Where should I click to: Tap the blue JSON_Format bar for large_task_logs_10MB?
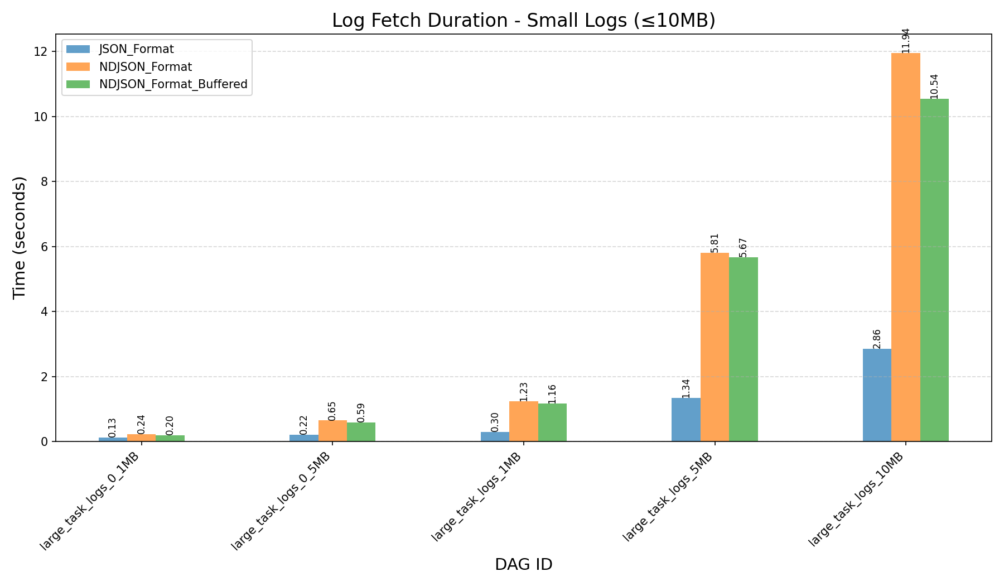click(x=877, y=395)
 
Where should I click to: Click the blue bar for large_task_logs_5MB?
click(x=686, y=420)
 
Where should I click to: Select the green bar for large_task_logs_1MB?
click(x=552, y=422)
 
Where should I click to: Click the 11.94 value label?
click(x=905, y=40)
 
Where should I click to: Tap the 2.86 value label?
click(x=877, y=339)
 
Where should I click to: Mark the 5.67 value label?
click(x=743, y=247)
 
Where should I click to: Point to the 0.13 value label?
click(x=112, y=428)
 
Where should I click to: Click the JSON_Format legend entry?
click(x=136, y=49)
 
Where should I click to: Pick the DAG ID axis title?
click(x=523, y=565)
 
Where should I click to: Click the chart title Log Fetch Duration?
click(x=523, y=20)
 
